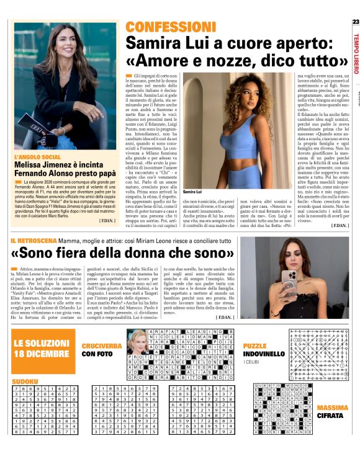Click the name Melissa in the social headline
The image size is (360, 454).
point(30,166)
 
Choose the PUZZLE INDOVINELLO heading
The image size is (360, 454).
point(255,350)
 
